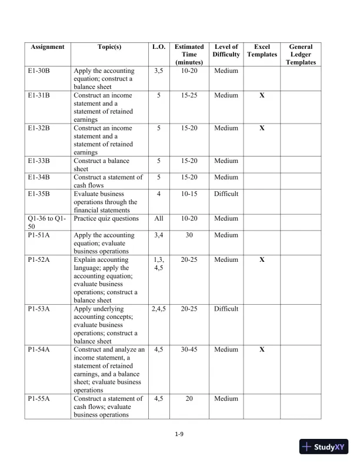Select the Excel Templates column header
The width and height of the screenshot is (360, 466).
coord(262,51)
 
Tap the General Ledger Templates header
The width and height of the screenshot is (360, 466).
coord(301,54)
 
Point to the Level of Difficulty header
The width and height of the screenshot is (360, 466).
coord(226,51)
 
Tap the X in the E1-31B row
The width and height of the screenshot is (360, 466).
coord(262,95)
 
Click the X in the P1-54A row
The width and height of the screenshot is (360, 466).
coord(262,349)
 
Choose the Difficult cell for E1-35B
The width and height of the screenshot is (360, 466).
coord(226,194)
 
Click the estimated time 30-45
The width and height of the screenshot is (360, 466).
coord(189,349)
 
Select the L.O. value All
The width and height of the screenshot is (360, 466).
coord(158,218)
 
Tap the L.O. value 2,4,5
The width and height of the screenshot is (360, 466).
coord(158,308)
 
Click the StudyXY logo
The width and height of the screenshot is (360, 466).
coord(323,447)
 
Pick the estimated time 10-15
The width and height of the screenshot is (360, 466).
coord(189,194)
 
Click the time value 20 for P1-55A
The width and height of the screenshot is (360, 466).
coord(189,398)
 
